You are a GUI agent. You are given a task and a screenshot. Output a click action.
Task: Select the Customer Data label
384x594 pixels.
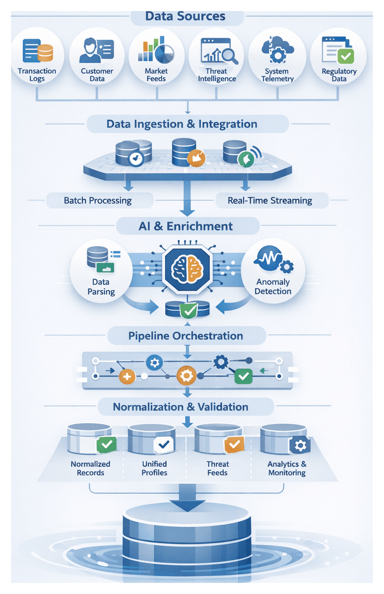point(97,75)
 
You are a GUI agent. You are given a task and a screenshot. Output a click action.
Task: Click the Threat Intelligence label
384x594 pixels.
point(217,75)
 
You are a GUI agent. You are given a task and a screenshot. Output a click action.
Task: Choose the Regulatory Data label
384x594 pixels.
point(339,75)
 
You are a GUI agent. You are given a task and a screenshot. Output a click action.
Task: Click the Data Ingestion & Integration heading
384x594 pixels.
point(182,124)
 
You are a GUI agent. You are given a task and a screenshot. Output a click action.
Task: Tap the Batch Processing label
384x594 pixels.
point(98,200)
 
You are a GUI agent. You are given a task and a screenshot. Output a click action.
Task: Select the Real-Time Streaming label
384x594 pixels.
point(270,200)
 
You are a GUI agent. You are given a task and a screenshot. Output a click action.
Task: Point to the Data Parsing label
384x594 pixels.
point(101,287)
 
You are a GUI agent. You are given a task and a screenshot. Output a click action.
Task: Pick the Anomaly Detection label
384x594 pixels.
point(273,287)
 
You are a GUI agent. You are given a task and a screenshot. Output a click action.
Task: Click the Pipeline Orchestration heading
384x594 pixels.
point(186,336)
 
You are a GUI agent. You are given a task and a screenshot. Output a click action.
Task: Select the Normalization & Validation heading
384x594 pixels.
point(181,407)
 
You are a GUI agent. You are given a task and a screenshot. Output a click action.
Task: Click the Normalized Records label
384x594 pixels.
point(91,468)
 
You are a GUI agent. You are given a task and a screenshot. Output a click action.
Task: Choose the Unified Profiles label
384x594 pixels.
point(154,468)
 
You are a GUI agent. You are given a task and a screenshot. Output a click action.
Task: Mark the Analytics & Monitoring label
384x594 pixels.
point(287,468)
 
